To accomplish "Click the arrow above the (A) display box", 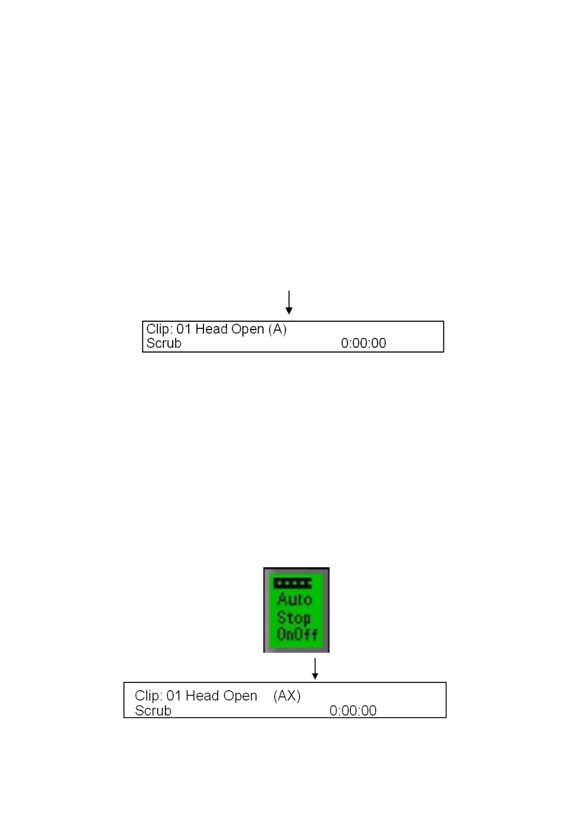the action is (289, 303).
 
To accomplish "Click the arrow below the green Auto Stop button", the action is (315, 669).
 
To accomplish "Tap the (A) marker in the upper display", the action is (278, 329).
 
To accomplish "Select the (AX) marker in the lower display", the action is (287, 696).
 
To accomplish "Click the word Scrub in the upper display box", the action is (164, 343).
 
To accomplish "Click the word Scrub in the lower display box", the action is (153, 711).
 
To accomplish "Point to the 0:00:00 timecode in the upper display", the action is (363, 343).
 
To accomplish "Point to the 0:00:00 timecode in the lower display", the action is (353, 711).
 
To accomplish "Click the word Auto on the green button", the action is (295, 599).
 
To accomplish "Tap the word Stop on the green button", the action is (294, 617).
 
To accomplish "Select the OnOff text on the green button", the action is (297, 635).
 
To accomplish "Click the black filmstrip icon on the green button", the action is (293, 583).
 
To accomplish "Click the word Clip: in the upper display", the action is (159, 329).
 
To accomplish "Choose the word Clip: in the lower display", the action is (148, 696).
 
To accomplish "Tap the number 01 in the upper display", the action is (183, 329).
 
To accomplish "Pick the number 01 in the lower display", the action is (174, 696).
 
